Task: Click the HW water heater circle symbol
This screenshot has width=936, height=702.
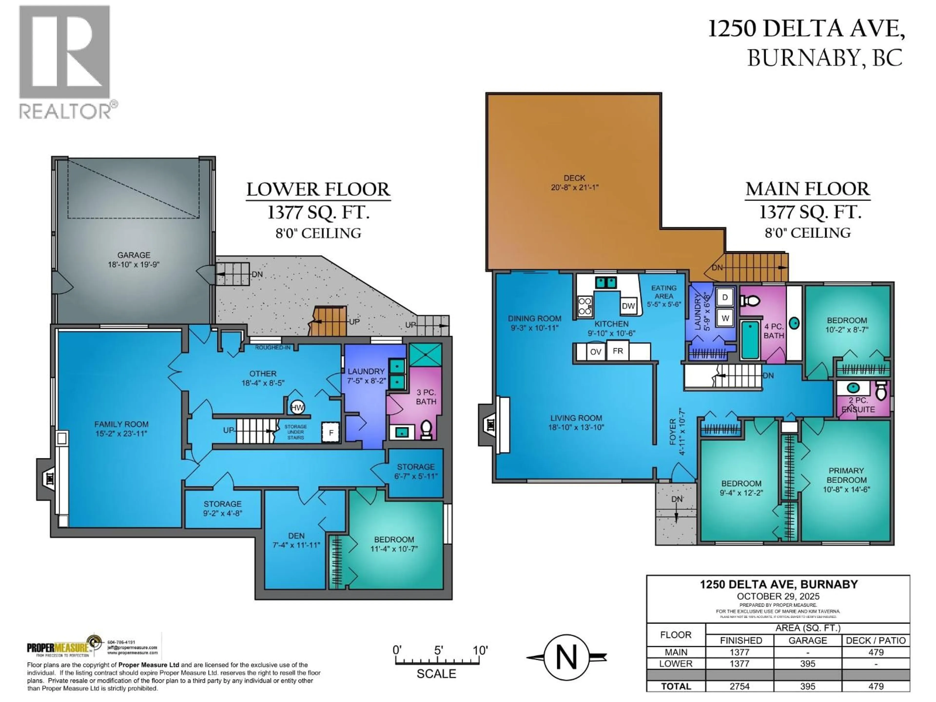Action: tap(297, 408)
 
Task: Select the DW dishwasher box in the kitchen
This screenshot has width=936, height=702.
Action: tap(628, 306)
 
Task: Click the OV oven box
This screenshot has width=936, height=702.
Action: tap(595, 352)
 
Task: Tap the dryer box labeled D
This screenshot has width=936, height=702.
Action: tap(725, 297)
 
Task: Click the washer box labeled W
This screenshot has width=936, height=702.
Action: tap(725, 318)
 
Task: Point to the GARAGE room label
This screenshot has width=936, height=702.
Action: tap(134, 255)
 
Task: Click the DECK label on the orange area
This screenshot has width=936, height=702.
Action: tap(574, 178)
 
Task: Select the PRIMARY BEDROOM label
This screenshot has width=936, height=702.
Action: tap(846, 475)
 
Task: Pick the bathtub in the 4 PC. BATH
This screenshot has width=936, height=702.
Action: tap(750, 340)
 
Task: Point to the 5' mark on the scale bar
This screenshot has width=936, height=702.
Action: tap(438, 650)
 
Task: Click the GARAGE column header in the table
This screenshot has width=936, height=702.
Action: tap(807, 640)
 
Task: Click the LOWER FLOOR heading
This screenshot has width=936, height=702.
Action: tap(318, 190)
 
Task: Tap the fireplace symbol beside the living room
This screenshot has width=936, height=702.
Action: tap(490, 424)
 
